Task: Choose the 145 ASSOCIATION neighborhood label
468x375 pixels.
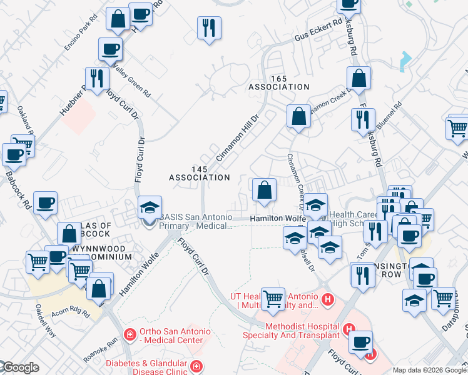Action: click(200, 173)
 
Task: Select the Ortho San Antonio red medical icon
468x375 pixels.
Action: click(130, 334)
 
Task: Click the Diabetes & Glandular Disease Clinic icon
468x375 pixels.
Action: click(196, 366)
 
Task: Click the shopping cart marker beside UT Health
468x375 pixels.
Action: click(273, 299)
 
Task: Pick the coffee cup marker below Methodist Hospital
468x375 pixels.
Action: click(360, 342)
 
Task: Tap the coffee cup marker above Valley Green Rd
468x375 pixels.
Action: click(110, 49)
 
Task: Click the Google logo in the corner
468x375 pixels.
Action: click(20, 368)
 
